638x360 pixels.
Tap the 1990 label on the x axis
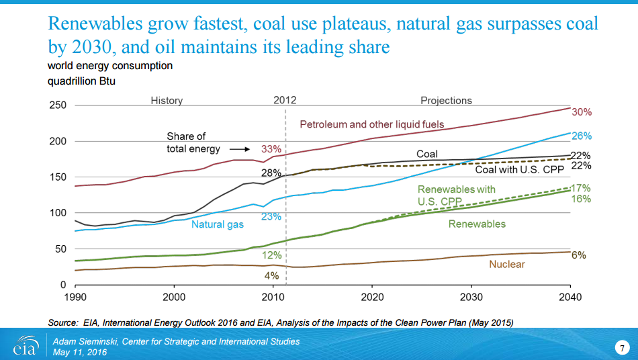[x=75, y=296]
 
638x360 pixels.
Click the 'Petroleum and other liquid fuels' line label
[x=372, y=124]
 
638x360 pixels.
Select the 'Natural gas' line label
[x=217, y=224]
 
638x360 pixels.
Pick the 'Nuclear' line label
[x=507, y=264]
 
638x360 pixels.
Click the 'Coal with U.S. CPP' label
[x=520, y=170]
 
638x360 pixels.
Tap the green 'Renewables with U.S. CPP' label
[x=456, y=195]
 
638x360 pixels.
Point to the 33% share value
[x=271, y=148]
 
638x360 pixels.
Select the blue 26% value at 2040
[x=581, y=136]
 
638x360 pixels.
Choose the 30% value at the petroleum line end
[x=581, y=112]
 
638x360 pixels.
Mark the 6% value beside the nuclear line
[x=579, y=255]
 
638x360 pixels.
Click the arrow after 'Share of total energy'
[x=239, y=149]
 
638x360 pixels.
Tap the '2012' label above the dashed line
[x=285, y=100]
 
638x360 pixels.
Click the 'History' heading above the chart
[x=167, y=100]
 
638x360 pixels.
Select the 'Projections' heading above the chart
[x=446, y=100]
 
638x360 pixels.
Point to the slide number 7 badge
[x=622, y=347]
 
